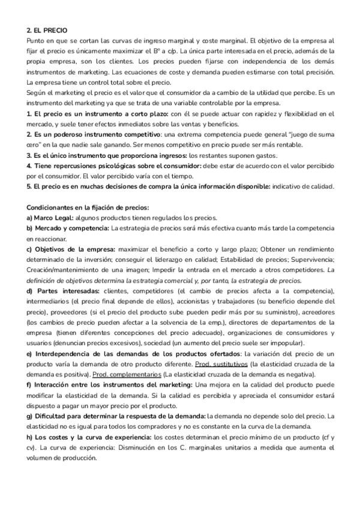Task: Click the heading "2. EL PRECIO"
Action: point(47,30)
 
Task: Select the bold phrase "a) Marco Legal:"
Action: point(50,217)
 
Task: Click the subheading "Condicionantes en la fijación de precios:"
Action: point(88,208)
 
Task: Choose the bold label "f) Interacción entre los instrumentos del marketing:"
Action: point(109,384)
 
